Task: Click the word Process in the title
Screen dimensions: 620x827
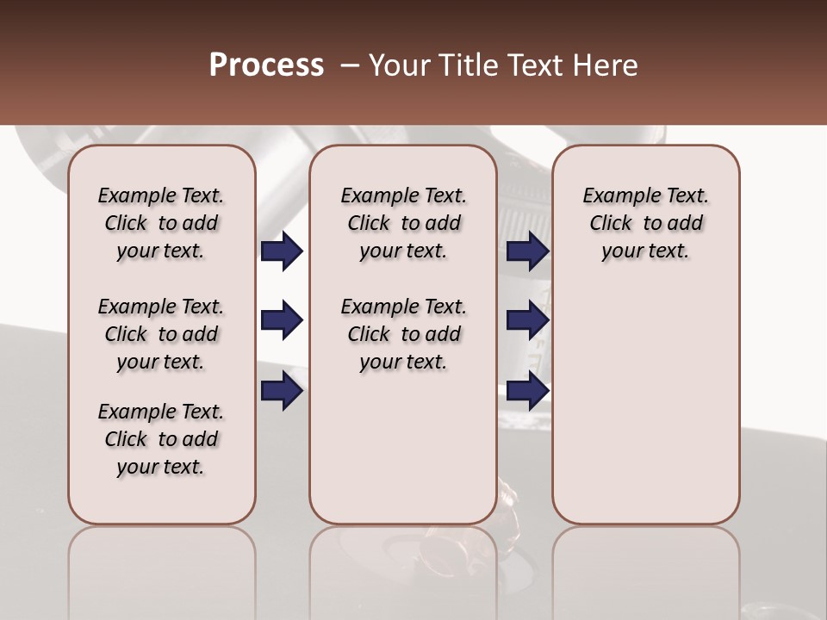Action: tap(266, 65)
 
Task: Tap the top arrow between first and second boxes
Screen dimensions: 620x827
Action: tap(282, 251)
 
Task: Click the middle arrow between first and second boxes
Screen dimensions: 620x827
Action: tap(282, 320)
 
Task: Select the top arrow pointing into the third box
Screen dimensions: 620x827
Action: tap(527, 251)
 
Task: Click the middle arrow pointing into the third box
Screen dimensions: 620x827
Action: tap(527, 320)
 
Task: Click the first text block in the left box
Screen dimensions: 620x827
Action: tap(161, 223)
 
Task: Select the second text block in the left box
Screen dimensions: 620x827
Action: tap(161, 334)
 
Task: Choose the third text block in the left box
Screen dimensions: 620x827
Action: tap(161, 439)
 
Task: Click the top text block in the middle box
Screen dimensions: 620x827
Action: tap(403, 223)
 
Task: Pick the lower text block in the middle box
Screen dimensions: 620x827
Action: tap(403, 334)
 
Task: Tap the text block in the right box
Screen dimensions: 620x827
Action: tap(645, 223)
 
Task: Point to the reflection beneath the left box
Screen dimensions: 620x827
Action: tap(162, 568)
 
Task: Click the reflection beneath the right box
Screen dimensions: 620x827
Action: tap(645, 568)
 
